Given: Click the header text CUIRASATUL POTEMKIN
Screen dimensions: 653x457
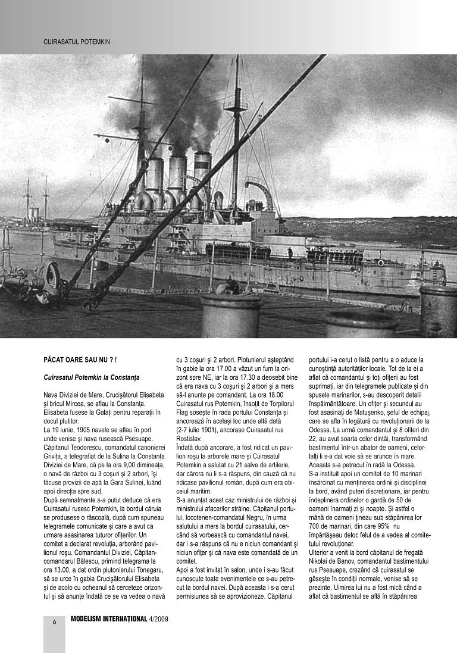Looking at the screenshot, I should pos(77,42).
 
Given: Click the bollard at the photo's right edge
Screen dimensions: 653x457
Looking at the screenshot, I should pos(439,309).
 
